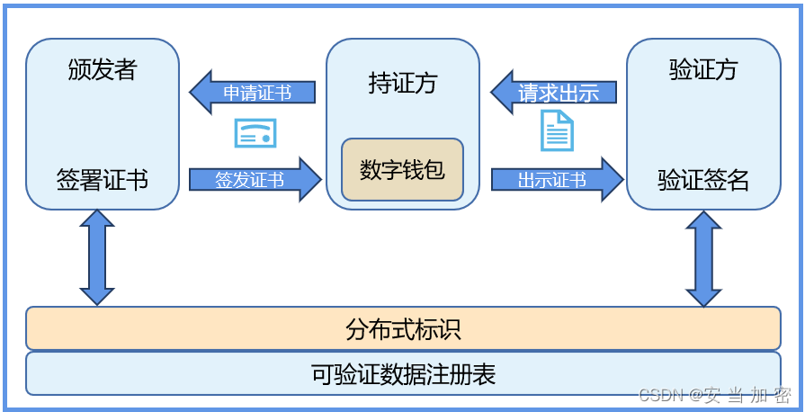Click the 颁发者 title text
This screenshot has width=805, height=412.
point(102,70)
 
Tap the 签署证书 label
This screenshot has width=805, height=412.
point(102,180)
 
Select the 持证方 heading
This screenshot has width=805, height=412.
point(402,83)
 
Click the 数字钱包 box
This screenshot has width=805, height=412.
point(402,169)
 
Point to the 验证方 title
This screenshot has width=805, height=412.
point(702,70)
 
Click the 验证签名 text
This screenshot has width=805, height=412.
point(702,180)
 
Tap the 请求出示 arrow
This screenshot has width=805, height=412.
point(554,93)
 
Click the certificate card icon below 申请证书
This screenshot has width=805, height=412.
point(255,133)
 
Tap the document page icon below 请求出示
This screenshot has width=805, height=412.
point(557,131)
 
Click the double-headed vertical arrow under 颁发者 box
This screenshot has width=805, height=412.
point(97,257)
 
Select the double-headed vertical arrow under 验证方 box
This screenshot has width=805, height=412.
point(703,258)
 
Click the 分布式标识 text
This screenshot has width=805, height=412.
point(402,328)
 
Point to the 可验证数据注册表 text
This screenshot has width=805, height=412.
point(402,373)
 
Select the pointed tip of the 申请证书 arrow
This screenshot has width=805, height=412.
point(192,93)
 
